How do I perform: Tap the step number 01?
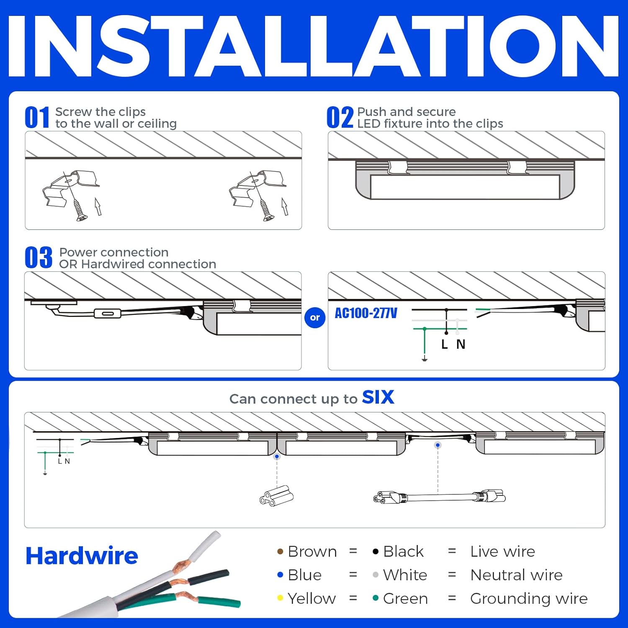click(37, 117)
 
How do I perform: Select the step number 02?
click(340, 117)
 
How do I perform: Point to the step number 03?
click(39, 257)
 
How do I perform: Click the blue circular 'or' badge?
click(315, 317)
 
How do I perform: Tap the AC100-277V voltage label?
click(366, 313)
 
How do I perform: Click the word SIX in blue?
click(378, 397)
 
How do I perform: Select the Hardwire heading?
click(82, 556)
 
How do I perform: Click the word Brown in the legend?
click(312, 551)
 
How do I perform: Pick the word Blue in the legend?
click(304, 575)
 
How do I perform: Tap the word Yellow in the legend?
click(311, 598)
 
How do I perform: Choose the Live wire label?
click(502, 551)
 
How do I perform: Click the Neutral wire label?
click(516, 575)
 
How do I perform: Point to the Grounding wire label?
click(529, 598)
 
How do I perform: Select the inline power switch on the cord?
click(108, 314)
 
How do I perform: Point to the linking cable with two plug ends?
click(439, 497)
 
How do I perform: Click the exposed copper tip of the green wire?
click(184, 596)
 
